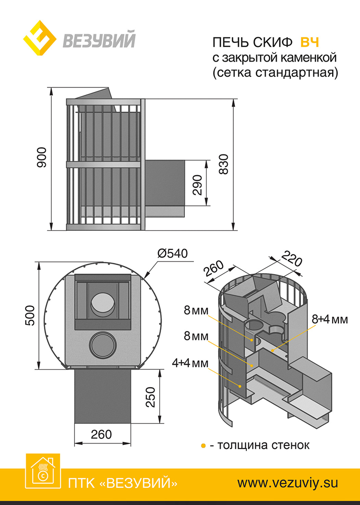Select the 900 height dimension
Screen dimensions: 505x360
(x=42, y=157)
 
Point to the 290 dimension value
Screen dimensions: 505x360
(x=197, y=184)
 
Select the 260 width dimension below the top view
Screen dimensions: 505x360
(x=101, y=435)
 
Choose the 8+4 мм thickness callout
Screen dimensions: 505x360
(x=330, y=319)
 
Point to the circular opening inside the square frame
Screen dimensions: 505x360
(x=103, y=304)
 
